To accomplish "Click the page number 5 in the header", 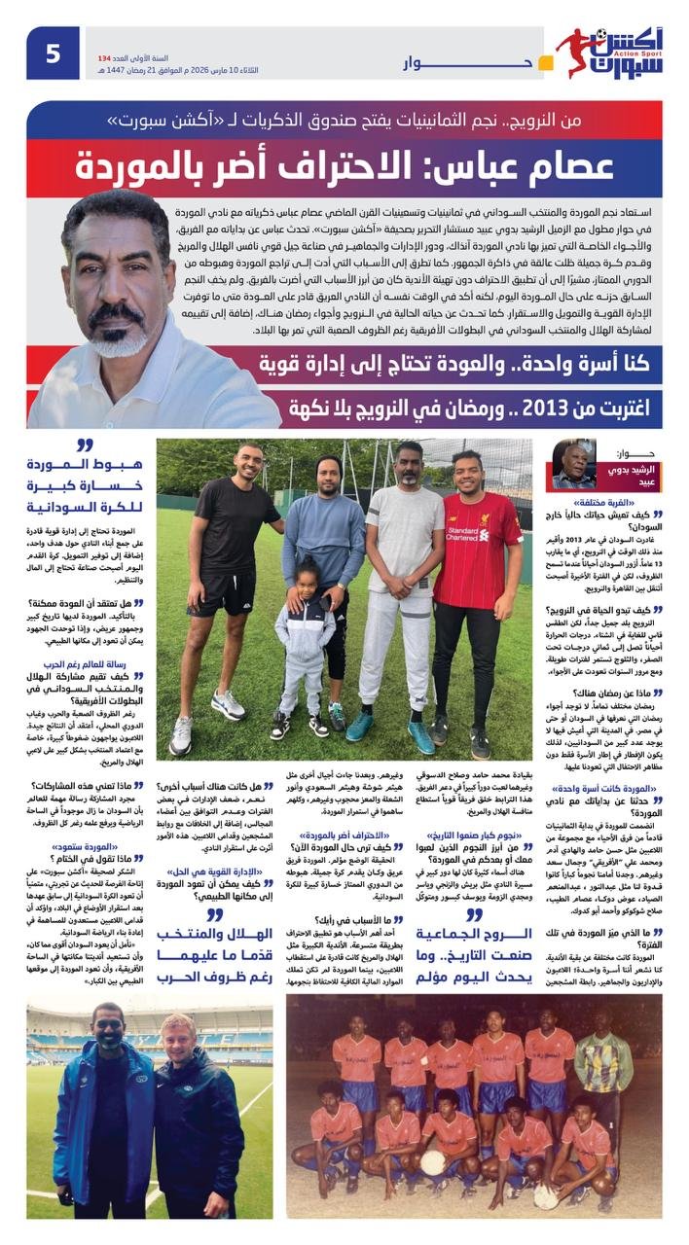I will click(53, 53).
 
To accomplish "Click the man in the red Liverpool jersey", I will click(477, 545).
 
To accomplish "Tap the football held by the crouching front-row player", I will click(432, 1161).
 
